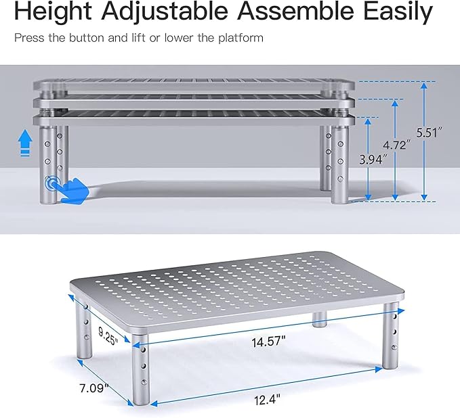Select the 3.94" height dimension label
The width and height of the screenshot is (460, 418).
point(373,160)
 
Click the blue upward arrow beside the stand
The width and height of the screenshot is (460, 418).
point(25,143)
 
